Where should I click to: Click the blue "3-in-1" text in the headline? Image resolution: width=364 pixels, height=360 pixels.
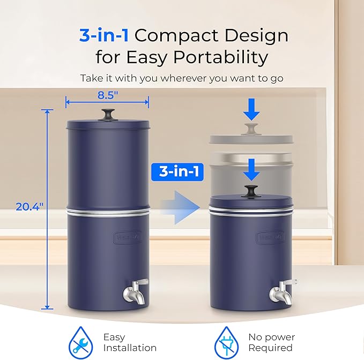tap(105, 35)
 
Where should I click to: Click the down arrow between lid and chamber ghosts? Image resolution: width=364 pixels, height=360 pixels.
tap(251, 170)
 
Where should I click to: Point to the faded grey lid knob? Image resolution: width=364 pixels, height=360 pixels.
tap(251, 129)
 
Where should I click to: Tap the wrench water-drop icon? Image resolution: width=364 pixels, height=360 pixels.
tap(79, 341)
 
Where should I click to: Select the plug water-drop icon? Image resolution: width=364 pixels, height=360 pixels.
tap(226, 341)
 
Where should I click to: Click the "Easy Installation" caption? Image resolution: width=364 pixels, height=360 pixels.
tap(129, 342)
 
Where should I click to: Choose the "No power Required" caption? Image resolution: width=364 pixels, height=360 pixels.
tap(271, 342)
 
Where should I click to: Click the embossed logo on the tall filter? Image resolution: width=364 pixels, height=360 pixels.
tap(126, 236)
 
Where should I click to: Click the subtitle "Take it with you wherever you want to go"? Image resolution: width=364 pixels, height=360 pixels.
tap(182, 78)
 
